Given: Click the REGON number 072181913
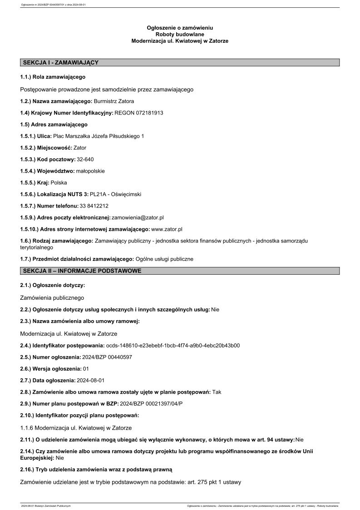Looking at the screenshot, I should (149, 113).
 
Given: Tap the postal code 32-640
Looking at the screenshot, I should (86, 159).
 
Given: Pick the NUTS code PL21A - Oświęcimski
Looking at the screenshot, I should (115, 194).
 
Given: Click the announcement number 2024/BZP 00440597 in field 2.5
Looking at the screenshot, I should (107, 357).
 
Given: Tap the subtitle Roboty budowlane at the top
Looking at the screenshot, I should (180, 35).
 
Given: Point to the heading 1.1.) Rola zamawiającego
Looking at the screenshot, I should (53, 77).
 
